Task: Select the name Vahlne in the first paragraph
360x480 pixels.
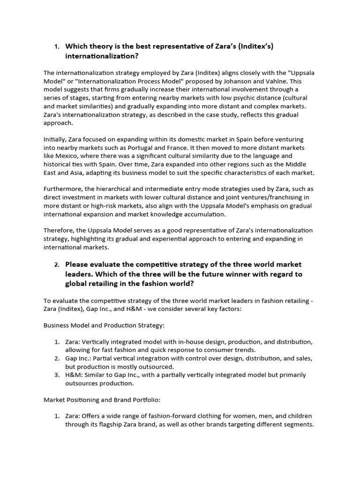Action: [274, 81]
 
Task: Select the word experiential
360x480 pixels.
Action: [170, 239]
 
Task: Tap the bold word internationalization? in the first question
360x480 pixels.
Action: [102, 56]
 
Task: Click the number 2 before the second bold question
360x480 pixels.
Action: [56, 264]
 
